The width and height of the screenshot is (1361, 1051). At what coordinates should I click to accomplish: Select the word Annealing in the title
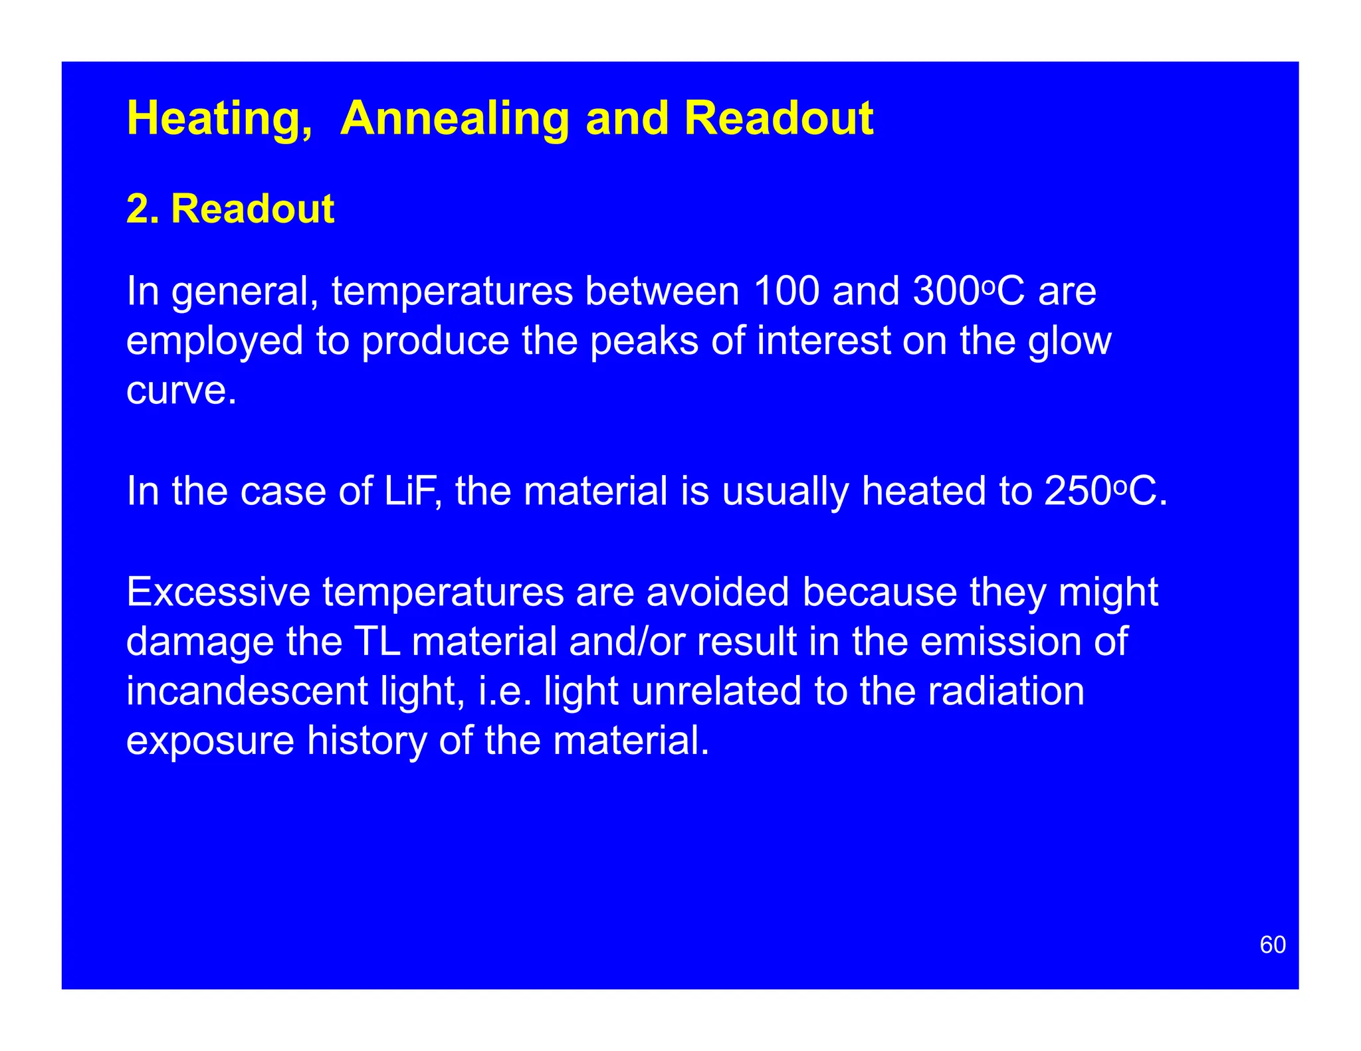(455, 120)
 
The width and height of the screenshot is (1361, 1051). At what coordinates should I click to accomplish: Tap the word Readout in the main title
(778, 118)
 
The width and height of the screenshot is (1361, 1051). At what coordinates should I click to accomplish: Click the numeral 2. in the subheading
(142, 209)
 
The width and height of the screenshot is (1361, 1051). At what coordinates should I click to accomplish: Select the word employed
(215, 341)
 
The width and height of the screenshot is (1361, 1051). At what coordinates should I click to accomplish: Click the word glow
(1069, 341)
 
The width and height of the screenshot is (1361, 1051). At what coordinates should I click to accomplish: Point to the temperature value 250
(1077, 492)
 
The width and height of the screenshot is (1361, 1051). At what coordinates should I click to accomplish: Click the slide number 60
(1273, 945)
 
